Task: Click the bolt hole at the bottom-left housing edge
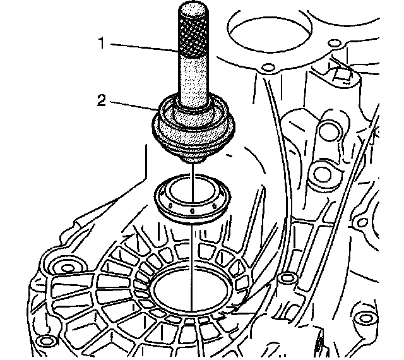click(42, 342)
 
